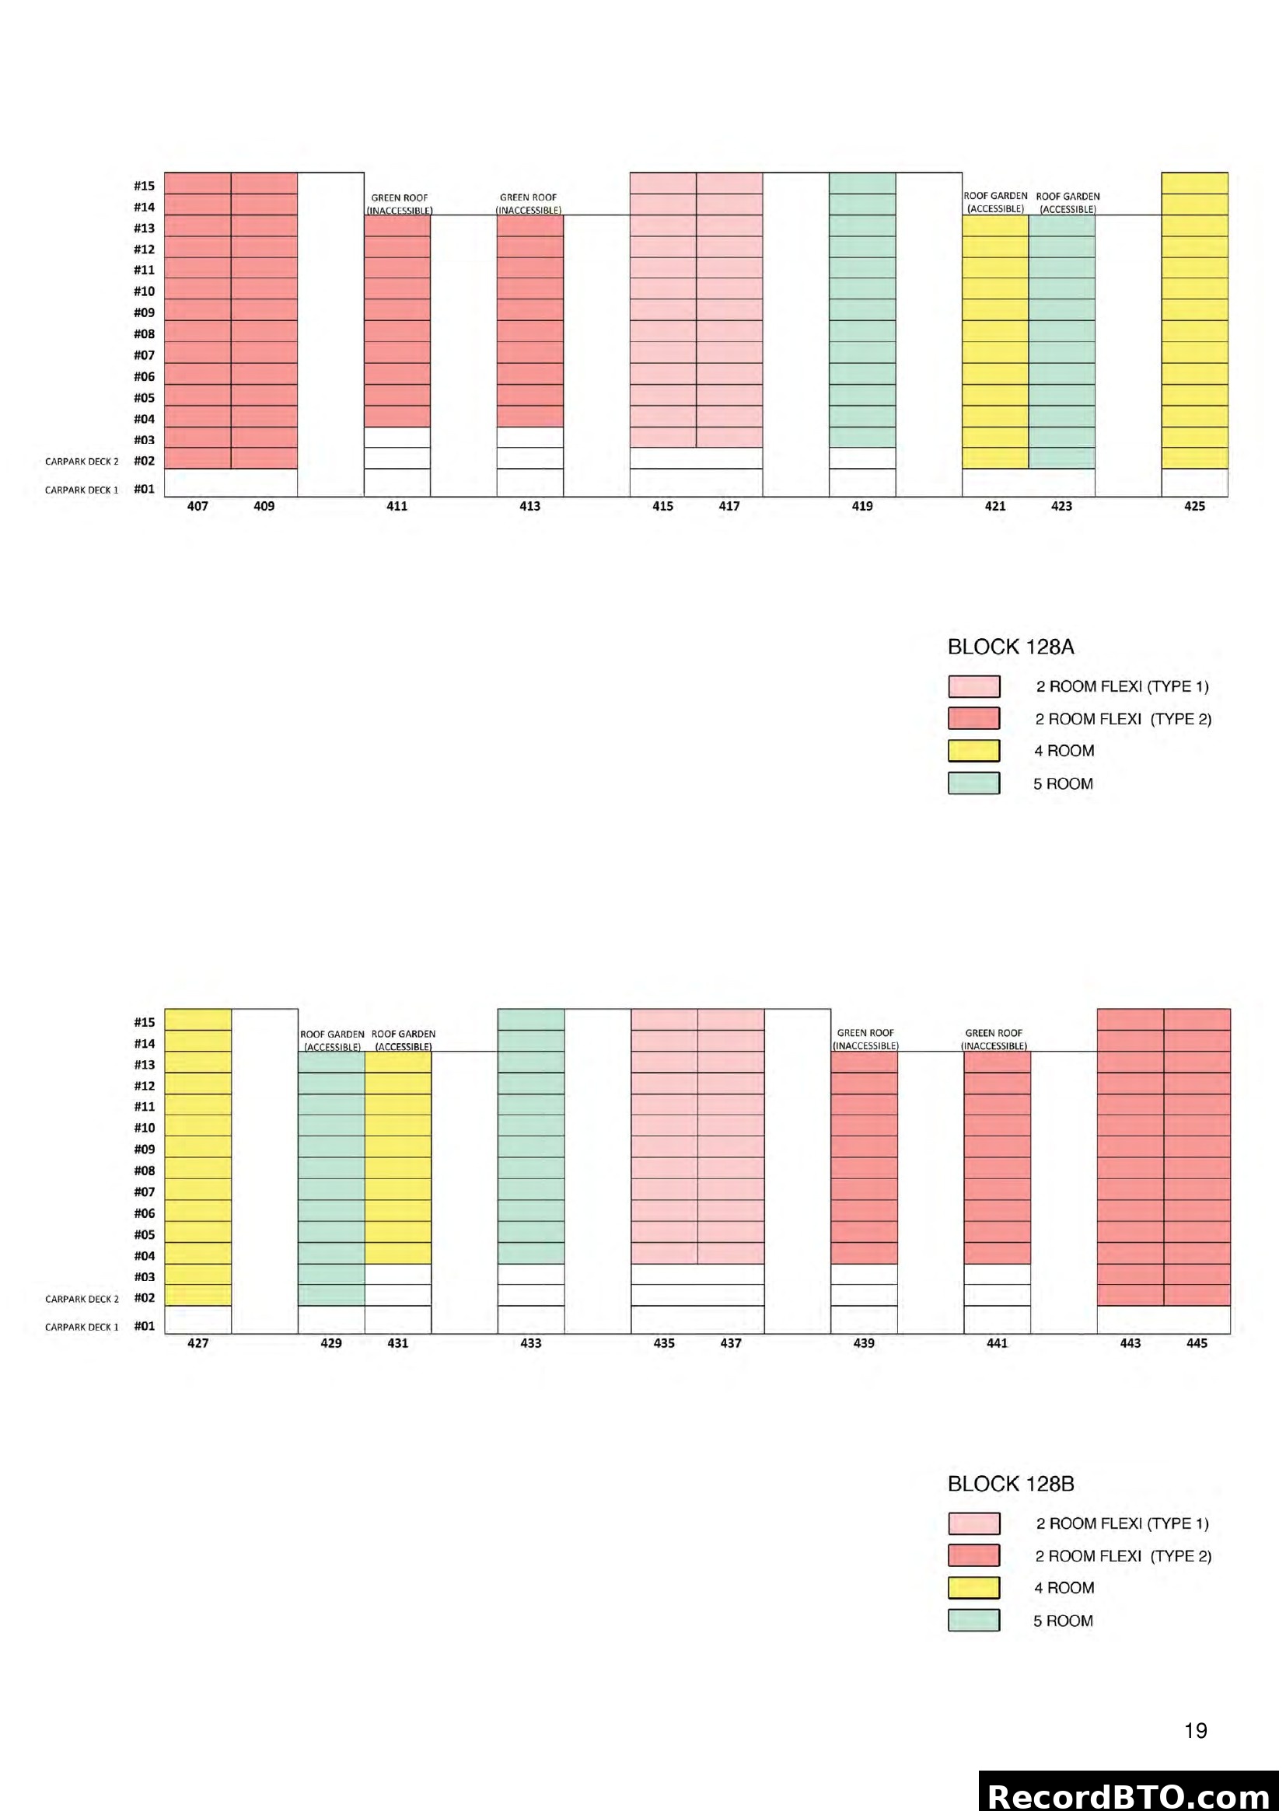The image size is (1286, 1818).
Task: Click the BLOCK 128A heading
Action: click(1011, 647)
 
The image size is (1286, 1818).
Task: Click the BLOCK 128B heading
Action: click(1011, 1484)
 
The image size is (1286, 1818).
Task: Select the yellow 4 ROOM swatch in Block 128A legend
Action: click(973, 751)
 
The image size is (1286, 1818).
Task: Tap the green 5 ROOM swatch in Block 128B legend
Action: click(973, 1620)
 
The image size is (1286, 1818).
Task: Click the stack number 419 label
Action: click(861, 506)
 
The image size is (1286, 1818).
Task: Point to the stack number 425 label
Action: click(1193, 506)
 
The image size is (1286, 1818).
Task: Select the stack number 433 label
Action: click(530, 1343)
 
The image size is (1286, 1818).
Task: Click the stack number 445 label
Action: click(1197, 1343)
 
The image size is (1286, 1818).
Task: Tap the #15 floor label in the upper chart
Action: click(144, 186)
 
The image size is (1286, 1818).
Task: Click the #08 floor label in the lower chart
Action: click(144, 1171)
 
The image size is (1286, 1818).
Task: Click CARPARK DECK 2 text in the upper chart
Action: click(82, 462)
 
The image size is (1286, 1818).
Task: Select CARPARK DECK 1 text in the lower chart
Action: click(82, 1327)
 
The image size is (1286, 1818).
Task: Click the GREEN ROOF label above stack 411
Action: click(399, 204)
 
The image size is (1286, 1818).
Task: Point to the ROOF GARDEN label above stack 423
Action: click(1068, 202)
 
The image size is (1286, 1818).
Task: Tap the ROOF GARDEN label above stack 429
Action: click(332, 1040)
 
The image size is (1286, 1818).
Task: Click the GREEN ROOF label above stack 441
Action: click(994, 1039)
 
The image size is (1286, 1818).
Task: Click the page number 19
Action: click(1195, 1731)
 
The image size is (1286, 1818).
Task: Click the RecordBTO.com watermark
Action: click(1128, 1795)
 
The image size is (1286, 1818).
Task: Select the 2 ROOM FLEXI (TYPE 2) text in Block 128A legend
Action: click(1123, 719)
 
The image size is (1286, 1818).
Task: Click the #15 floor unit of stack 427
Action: click(198, 1019)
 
